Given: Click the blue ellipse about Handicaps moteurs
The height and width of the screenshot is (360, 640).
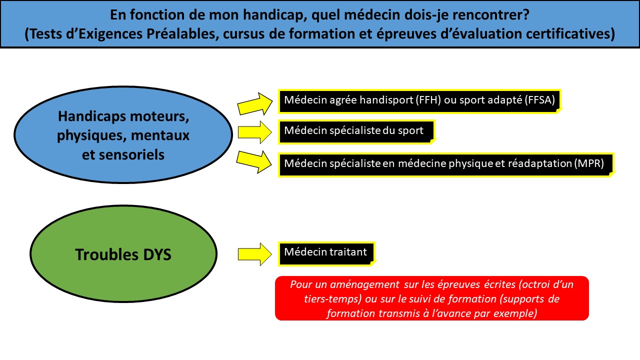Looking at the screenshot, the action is tap(123, 134).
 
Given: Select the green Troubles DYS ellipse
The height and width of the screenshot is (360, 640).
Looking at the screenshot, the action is tap(123, 253).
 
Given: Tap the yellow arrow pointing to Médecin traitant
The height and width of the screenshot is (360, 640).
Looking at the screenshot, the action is tap(254, 254).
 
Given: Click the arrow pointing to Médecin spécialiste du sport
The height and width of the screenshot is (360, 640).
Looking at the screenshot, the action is tap(254, 132).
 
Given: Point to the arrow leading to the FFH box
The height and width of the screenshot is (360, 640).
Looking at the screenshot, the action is tap(254, 104).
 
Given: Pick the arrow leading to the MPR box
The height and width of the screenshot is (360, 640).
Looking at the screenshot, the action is tap(254, 161).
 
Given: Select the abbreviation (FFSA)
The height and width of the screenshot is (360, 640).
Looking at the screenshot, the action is tap(539, 100).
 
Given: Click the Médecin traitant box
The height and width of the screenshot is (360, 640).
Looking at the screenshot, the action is tap(327, 253).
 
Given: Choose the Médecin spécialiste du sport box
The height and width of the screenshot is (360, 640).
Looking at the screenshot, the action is tap(357, 132).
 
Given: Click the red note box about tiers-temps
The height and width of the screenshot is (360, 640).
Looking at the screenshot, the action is tap(431, 298).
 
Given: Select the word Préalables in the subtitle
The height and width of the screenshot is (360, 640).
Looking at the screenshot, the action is tap(181, 33).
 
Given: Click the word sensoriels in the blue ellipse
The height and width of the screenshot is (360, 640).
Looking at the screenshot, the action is tap(123, 155).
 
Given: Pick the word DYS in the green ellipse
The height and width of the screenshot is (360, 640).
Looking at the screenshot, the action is tap(157, 254).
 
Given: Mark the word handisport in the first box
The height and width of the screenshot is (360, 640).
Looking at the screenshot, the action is tap(386, 100).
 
